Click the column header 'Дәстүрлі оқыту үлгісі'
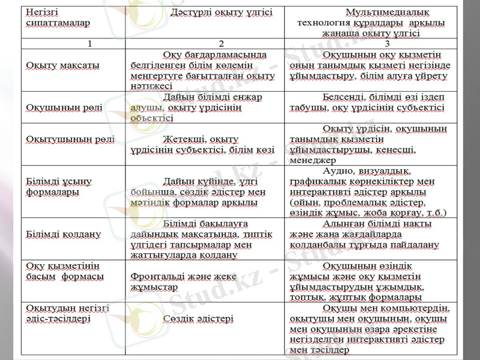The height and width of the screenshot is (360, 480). (221, 12)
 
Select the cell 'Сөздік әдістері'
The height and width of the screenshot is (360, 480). (199, 319)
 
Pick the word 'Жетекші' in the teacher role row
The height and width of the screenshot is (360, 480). (185, 139)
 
